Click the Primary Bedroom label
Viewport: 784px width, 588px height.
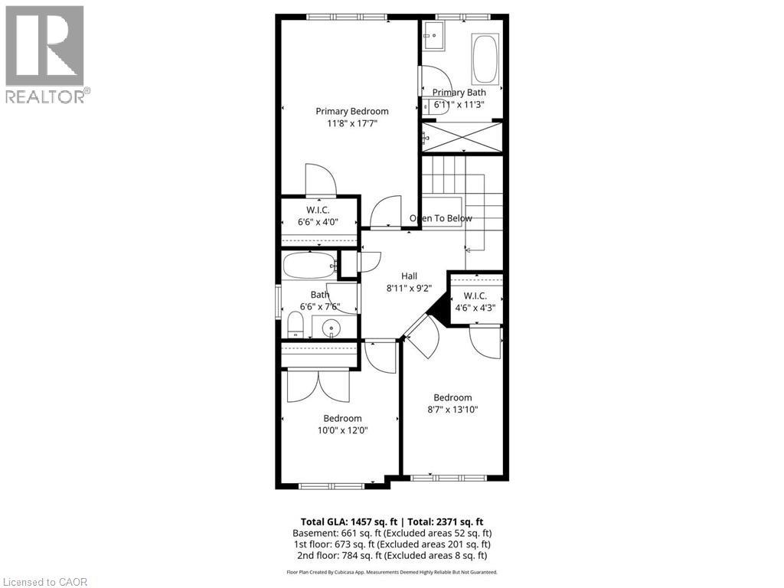[x=351, y=111]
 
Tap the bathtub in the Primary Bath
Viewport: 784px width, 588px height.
[x=484, y=59]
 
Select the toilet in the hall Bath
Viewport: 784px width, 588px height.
[x=296, y=327]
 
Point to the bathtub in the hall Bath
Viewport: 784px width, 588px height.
[x=309, y=266]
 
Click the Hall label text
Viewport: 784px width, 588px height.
[x=409, y=276]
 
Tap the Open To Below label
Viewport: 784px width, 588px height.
[x=440, y=218]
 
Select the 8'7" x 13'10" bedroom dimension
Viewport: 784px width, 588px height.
[x=452, y=410]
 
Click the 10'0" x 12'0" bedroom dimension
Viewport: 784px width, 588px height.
[x=342, y=430]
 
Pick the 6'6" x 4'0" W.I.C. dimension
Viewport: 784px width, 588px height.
[x=318, y=222]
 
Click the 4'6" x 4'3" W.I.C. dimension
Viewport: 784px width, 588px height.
[x=475, y=309]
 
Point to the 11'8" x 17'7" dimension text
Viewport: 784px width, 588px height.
[x=351, y=122]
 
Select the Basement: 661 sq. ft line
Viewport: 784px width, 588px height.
[x=392, y=533]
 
